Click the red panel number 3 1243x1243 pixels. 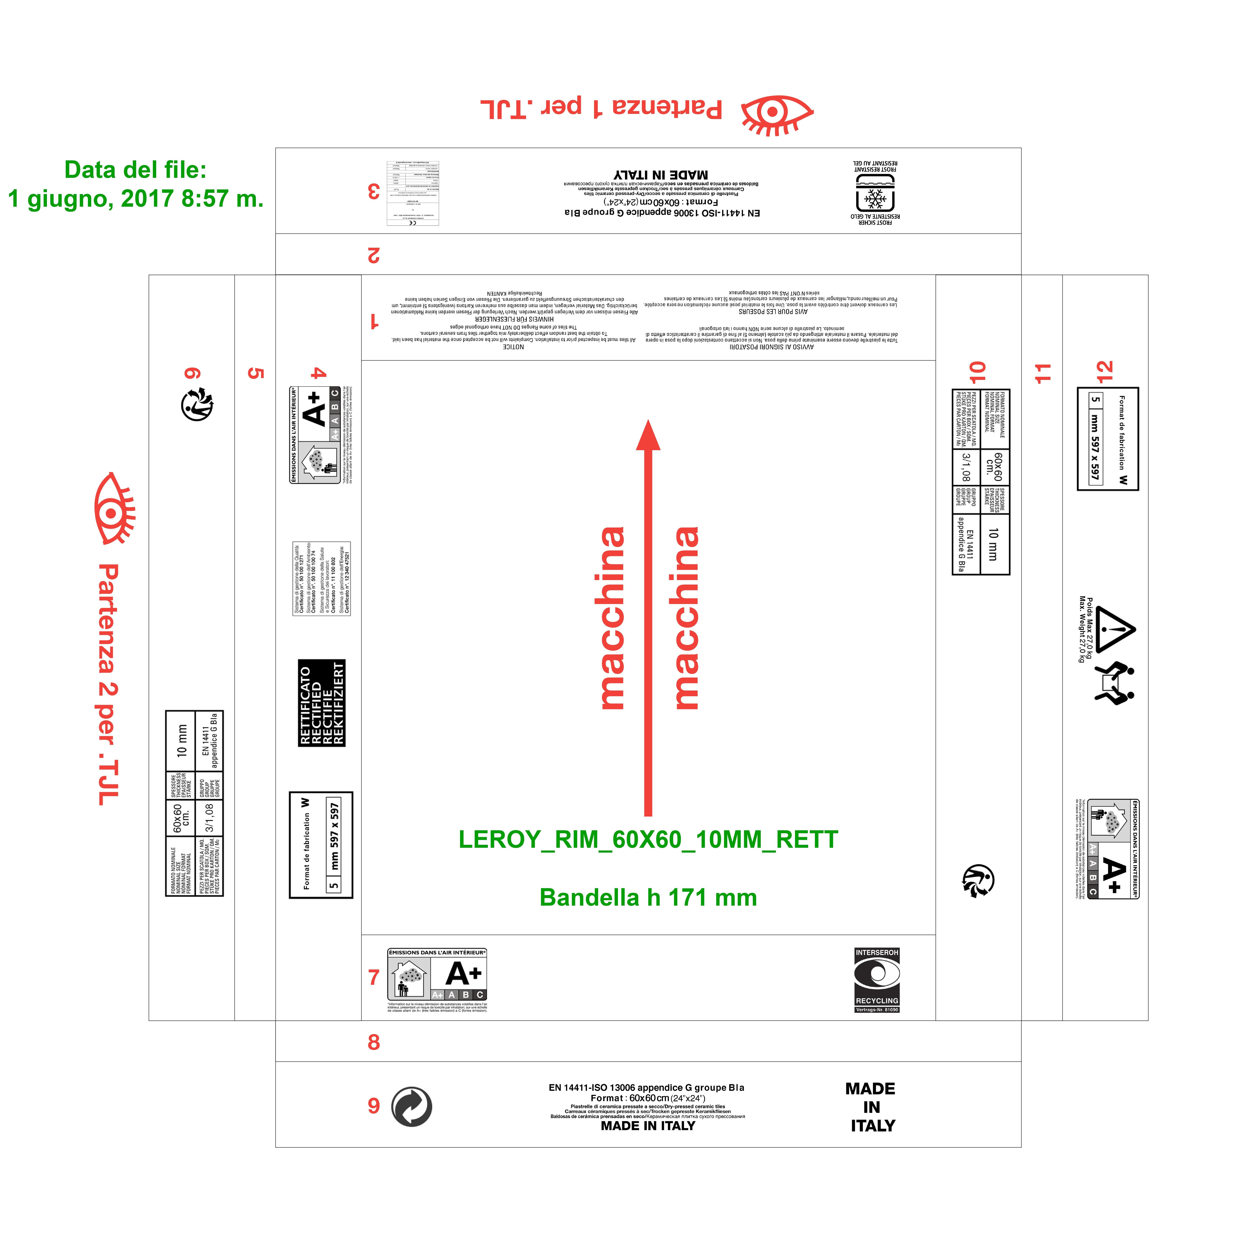point(374,191)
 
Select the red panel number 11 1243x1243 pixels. point(1042,373)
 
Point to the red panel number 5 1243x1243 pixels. point(256,373)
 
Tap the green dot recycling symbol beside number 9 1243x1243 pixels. point(412,1107)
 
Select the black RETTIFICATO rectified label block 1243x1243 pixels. point(322,703)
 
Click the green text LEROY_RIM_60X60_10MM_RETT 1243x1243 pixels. point(648,840)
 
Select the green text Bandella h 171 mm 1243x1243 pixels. point(648,897)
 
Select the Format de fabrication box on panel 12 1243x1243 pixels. point(1108,439)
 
